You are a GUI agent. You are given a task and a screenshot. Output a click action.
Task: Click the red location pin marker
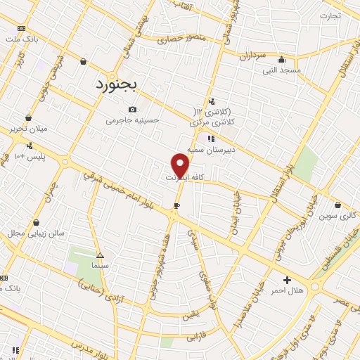coord(180,165)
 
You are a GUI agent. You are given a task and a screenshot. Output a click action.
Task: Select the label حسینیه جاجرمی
coord(133,120)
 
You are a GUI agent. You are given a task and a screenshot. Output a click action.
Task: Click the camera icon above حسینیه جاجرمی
coord(133,109)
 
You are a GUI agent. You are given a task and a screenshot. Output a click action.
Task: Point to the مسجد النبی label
coord(281,70)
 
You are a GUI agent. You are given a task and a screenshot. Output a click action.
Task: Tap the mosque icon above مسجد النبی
coord(281,60)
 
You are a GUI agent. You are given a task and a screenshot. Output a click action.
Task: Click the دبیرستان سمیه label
coord(235,150)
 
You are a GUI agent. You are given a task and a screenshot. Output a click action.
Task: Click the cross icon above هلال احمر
coord(287,280)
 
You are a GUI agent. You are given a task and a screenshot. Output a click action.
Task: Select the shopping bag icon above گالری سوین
coord(337,205)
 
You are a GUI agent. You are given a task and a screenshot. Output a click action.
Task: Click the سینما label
coord(100,266)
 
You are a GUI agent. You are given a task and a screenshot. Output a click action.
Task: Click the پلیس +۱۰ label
coord(29,156)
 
